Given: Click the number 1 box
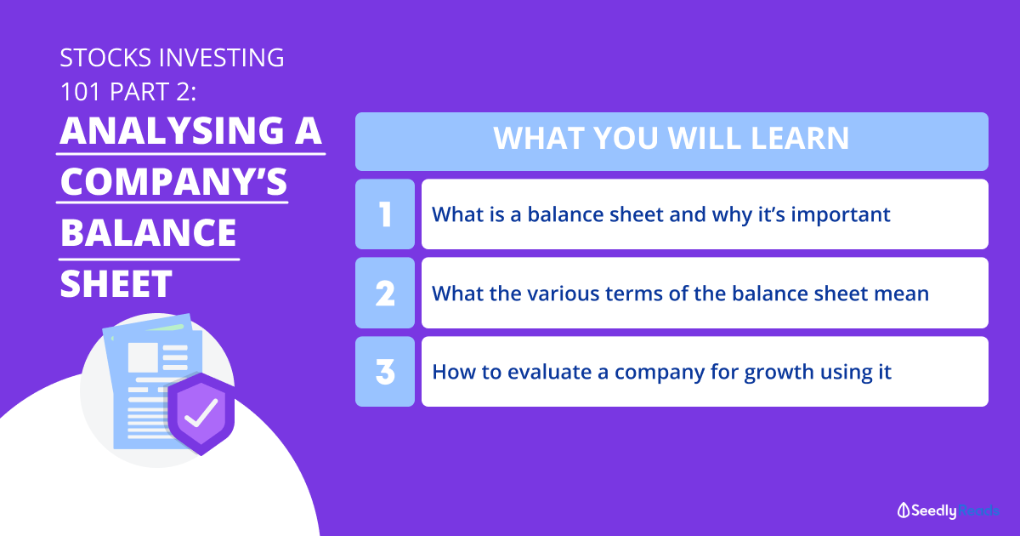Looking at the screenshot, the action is (385, 214).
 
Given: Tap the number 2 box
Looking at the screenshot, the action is (385, 293).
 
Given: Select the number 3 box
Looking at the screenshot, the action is (385, 372).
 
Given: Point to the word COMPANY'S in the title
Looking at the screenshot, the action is (173, 181).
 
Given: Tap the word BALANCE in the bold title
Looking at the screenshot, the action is (148, 232).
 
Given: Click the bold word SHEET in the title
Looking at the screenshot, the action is (116, 283).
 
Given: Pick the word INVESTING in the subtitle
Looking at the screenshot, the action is (222, 58).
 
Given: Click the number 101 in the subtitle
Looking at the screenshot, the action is (80, 92).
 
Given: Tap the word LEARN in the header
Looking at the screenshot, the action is (800, 138).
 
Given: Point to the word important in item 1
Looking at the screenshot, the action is (841, 215).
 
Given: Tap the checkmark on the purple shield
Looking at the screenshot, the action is (201, 413).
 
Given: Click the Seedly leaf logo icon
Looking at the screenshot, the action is (904, 510).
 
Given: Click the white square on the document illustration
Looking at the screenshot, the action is (143, 357).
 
